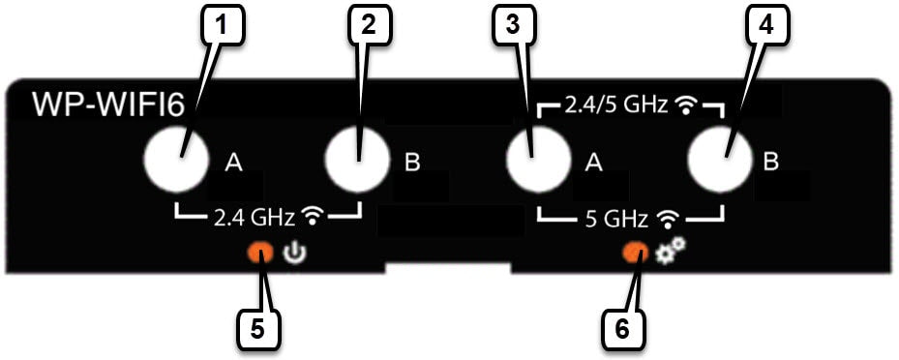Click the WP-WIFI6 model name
pyautogui.click(x=107, y=105)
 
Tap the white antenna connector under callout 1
pyautogui.click(x=175, y=160)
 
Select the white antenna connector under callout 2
pyautogui.click(x=357, y=160)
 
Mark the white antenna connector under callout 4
pyautogui.click(x=719, y=160)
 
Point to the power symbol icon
pyautogui.click(x=294, y=254)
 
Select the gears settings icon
pyautogui.click(x=671, y=251)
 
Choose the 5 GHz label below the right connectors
pyautogui.click(x=617, y=219)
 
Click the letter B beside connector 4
pyautogui.click(x=770, y=163)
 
